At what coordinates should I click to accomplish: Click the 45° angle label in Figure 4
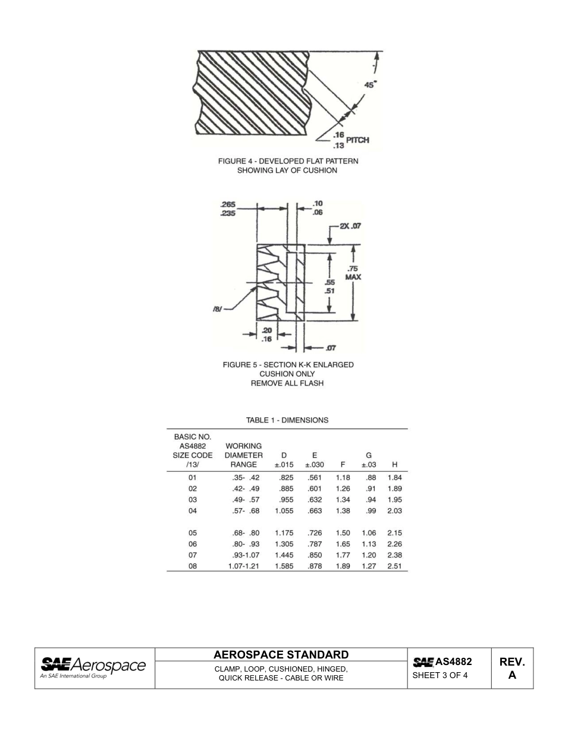tap(371, 85)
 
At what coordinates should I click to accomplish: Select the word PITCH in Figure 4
tap(357, 140)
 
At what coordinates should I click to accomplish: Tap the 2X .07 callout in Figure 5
tap(350, 226)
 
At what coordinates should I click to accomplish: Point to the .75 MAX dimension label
tap(354, 273)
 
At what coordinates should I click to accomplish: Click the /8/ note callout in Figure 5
tap(218, 309)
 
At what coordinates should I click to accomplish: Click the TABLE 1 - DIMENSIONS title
tap(287, 420)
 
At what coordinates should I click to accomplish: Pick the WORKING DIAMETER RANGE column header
tap(244, 455)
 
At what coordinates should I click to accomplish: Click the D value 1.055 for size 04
tap(284, 511)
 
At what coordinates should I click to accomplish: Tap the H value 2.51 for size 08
tap(394, 566)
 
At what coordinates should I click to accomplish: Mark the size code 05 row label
tap(192, 533)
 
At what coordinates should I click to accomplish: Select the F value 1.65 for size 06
tap(343, 544)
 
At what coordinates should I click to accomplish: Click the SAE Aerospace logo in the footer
tap(93, 667)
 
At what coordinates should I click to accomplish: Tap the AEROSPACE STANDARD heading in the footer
tap(281, 655)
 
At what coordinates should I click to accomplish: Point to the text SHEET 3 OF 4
tap(440, 675)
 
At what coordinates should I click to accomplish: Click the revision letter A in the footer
tap(511, 675)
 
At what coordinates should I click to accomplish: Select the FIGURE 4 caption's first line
tap(288, 161)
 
